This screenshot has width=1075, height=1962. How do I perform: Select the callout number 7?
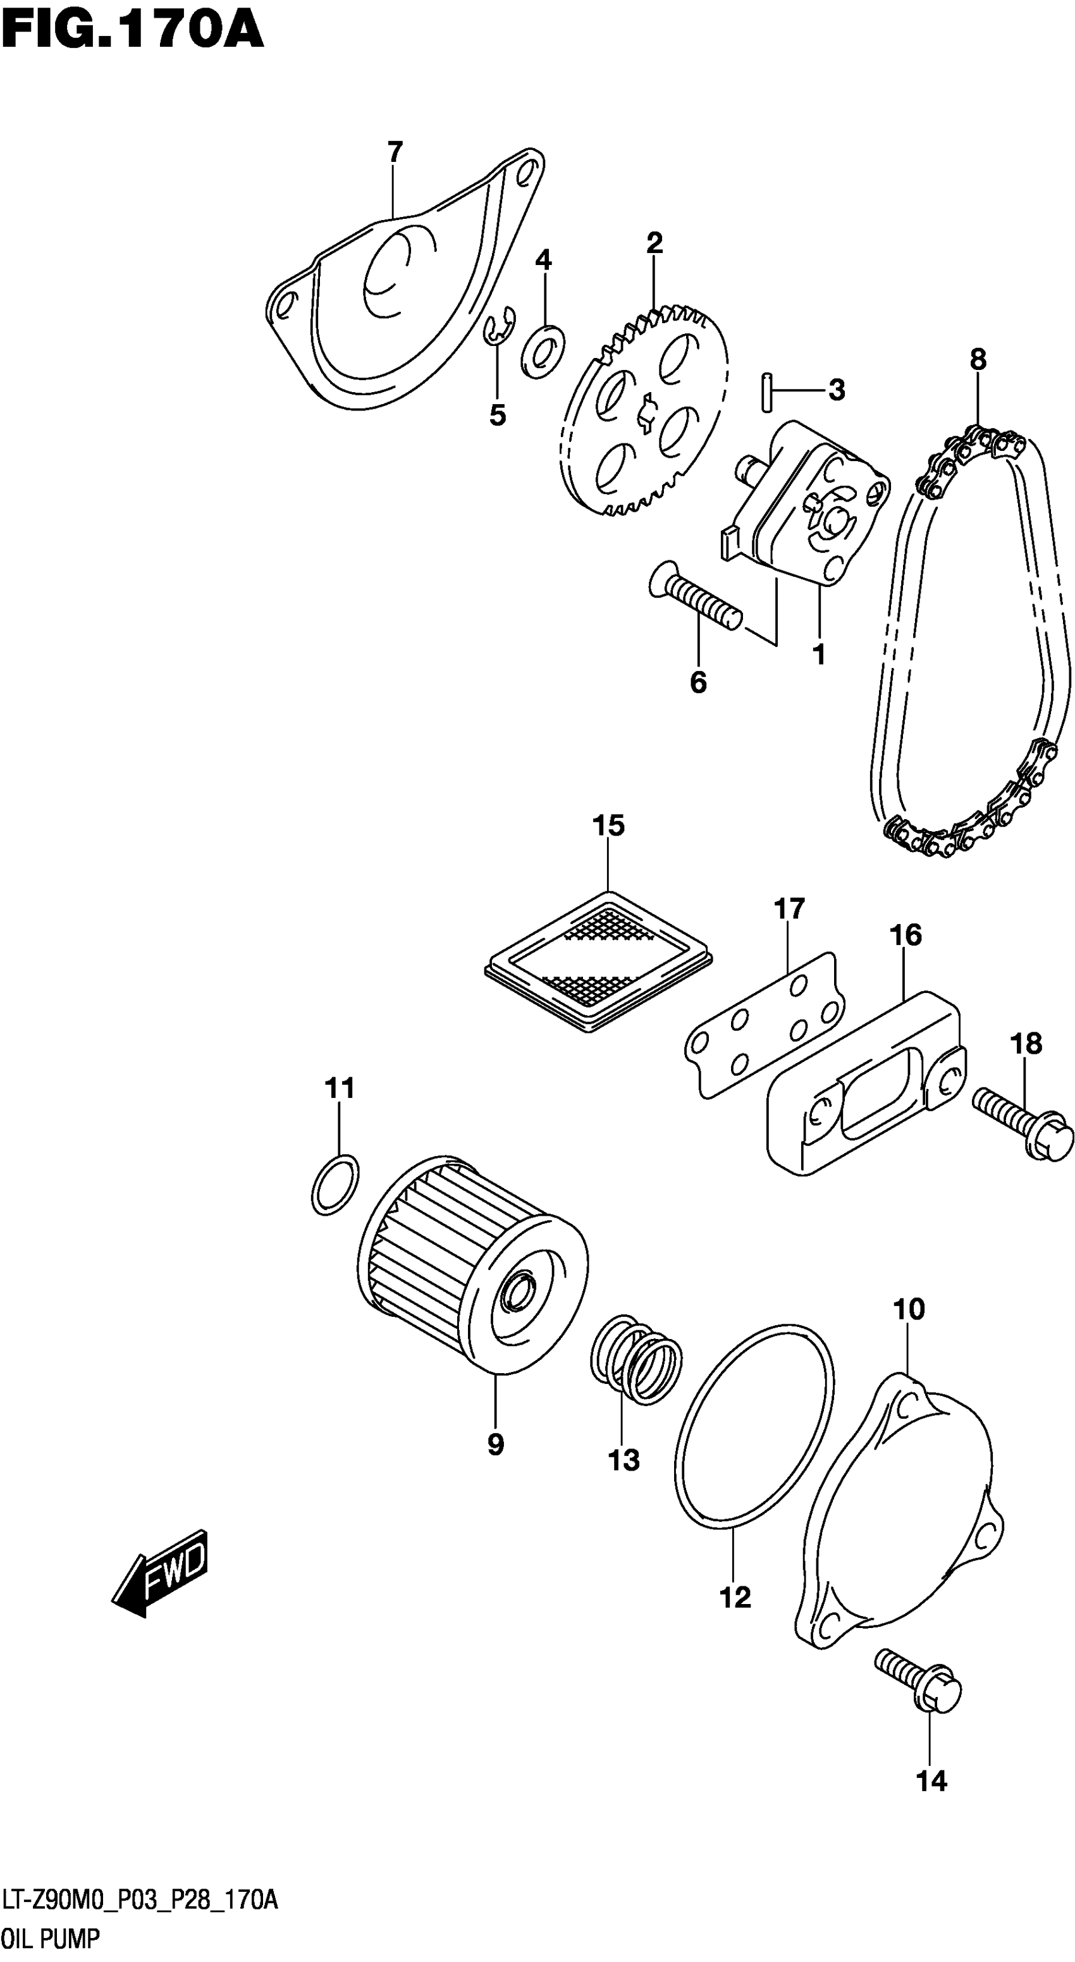pos(395,152)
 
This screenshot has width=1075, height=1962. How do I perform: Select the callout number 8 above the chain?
pos(978,359)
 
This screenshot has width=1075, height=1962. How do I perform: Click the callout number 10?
pos(908,1309)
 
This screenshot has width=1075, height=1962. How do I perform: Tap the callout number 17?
pos(790,909)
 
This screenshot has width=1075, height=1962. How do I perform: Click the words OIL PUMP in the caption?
pos(52,1939)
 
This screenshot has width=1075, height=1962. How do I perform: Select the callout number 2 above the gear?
pos(654,243)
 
